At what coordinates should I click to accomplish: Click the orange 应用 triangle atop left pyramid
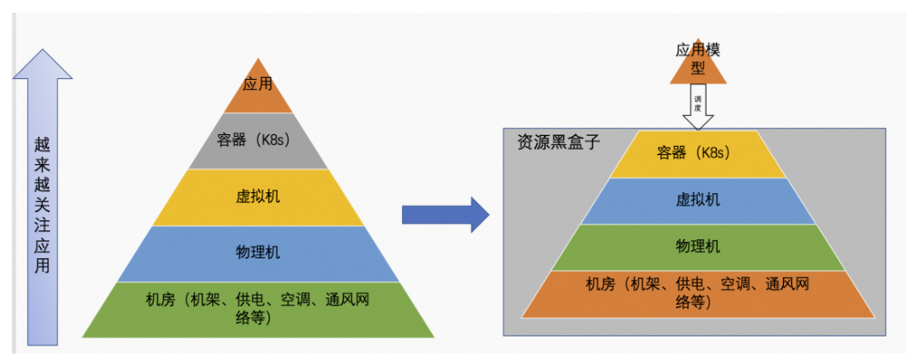point(258,91)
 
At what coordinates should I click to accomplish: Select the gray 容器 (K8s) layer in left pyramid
point(258,141)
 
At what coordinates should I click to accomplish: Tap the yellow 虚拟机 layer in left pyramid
point(258,197)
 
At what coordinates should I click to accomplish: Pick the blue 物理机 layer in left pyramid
point(258,253)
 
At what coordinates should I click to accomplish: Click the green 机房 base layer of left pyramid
point(258,308)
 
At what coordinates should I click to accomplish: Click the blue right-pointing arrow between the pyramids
point(445,214)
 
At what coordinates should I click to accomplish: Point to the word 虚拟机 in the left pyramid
point(258,197)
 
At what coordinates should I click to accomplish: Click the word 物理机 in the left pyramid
point(258,253)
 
